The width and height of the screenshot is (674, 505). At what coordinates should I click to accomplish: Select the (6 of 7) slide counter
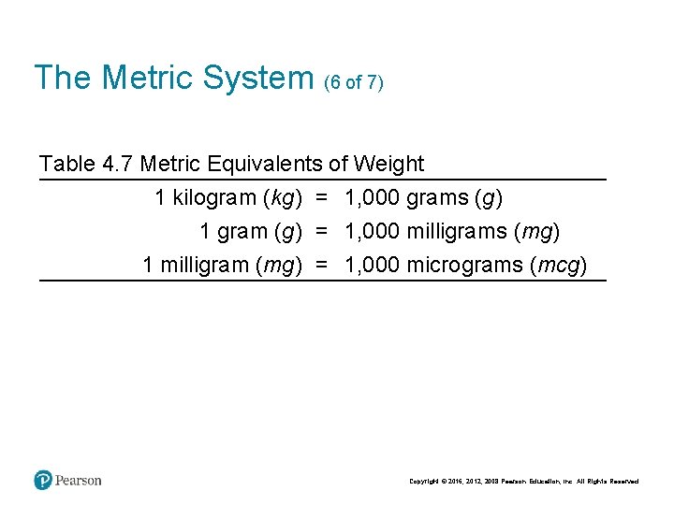coord(354,82)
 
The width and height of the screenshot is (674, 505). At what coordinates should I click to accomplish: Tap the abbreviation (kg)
coord(282,198)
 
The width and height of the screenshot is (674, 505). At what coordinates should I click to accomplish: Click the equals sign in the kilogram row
coord(322,198)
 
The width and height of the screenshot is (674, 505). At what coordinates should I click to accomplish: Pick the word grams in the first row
coord(437,198)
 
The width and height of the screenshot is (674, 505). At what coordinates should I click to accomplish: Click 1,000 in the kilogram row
coord(372,198)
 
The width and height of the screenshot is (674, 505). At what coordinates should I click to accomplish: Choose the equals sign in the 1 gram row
coord(322,231)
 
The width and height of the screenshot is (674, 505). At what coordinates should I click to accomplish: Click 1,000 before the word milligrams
coord(372,231)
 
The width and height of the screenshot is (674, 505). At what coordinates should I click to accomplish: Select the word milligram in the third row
coord(204,265)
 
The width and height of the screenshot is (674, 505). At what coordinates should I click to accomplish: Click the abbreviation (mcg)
coord(559,265)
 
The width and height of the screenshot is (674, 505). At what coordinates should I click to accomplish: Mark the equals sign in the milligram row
coord(322,265)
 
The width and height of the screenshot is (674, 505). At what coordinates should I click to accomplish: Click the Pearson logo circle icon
coord(43,481)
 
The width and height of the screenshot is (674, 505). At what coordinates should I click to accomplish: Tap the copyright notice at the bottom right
coord(524,482)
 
